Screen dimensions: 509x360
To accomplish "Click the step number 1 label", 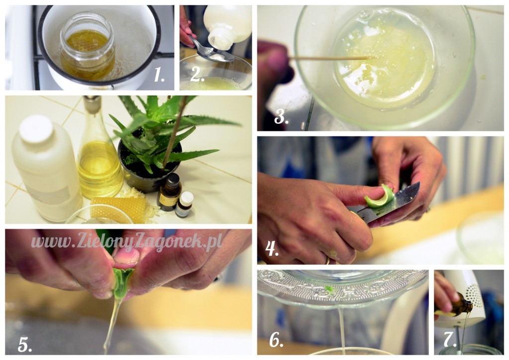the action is (x=159, y=75).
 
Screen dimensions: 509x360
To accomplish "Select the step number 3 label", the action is (x=281, y=116).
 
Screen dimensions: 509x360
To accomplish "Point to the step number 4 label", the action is (x=272, y=249).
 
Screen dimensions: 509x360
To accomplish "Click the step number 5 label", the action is (x=25, y=345).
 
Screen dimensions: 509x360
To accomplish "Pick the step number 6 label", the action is (x=276, y=340).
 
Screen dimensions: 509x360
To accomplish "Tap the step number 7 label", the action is (x=450, y=340).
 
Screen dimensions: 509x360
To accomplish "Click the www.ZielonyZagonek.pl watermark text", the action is (x=127, y=242).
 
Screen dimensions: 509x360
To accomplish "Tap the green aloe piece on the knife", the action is (x=379, y=198).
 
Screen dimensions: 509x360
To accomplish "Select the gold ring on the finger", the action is (x=328, y=261).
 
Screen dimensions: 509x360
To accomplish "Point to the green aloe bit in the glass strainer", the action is (x=330, y=288).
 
